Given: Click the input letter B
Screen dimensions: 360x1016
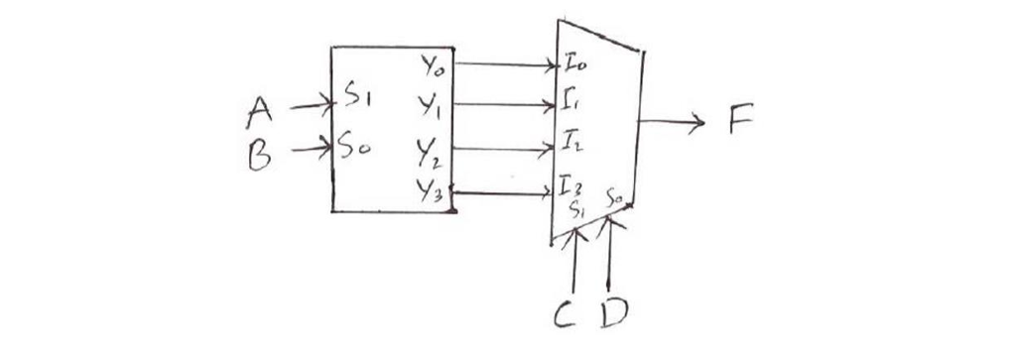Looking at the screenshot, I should (258, 155).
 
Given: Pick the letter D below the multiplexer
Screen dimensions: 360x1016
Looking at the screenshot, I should (614, 315).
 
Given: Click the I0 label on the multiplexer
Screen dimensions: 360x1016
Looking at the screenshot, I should (575, 67).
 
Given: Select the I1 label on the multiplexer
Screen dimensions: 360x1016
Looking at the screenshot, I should (571, 103).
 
